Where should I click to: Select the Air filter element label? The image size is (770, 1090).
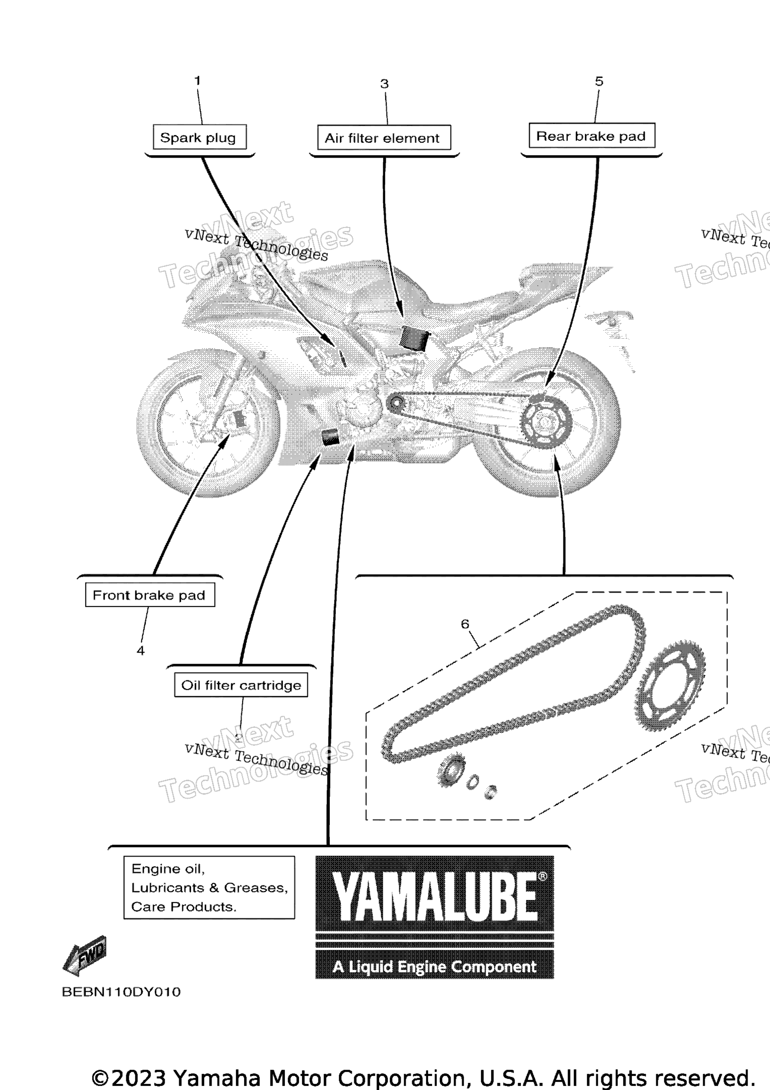[384, 138]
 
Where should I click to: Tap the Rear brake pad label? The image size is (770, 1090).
[591, 136]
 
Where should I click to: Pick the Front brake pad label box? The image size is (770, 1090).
[150, 595]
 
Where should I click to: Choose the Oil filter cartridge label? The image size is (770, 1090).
[241, 685]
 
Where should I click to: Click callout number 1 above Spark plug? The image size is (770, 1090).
[198, 80]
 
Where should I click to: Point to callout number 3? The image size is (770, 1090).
[384, 84]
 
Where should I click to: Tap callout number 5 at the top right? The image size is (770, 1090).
[599, 81]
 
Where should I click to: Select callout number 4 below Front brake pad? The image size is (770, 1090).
[141, 651]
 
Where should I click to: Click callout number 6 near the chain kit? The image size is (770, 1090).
[465, 624]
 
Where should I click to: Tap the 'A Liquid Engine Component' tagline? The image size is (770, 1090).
[435, 967]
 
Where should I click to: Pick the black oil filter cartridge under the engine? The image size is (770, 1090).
[330, 437]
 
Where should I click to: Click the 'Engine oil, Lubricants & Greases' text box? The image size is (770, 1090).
[210, 887]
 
